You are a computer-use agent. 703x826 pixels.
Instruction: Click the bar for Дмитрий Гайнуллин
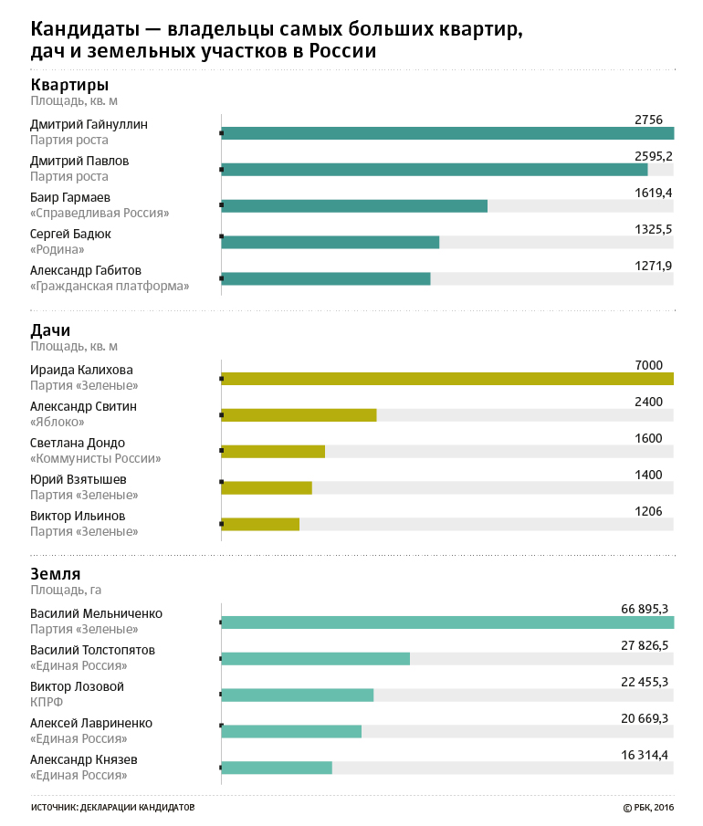coord(447,133)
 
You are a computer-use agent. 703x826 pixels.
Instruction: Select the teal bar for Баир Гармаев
coord(354,206)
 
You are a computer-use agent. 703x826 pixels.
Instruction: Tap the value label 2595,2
coord(653,156)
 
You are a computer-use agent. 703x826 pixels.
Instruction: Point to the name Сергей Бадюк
coord(70,234)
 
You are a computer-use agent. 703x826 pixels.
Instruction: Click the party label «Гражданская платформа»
coord(110,286)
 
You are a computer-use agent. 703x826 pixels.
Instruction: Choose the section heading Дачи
coord(50,330)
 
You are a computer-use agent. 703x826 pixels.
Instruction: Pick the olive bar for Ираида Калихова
coord(447,379)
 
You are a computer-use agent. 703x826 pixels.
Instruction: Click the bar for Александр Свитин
coord(299,415)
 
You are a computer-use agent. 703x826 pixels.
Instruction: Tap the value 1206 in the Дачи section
coord(648,511)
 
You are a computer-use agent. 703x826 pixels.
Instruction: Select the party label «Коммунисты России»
coord(95,458)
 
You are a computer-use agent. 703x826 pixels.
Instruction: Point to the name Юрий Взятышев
coord(78,479)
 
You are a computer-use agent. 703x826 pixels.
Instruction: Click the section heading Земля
coord(56,574)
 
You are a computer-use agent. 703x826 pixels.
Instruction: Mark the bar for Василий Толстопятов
coord(316,658)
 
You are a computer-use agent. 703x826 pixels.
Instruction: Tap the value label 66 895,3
coord(645,609)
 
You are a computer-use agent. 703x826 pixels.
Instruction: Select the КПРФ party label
coord(47,702)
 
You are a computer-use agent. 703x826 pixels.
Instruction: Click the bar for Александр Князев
coord(277,768)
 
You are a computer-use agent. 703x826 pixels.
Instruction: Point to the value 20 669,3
coord(645,718)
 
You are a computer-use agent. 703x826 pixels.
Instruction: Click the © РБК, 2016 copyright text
coord(648,808)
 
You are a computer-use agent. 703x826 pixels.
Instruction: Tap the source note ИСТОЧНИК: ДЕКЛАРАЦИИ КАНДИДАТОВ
coord(113,808)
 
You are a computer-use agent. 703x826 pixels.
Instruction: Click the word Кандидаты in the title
coord(85,29)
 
